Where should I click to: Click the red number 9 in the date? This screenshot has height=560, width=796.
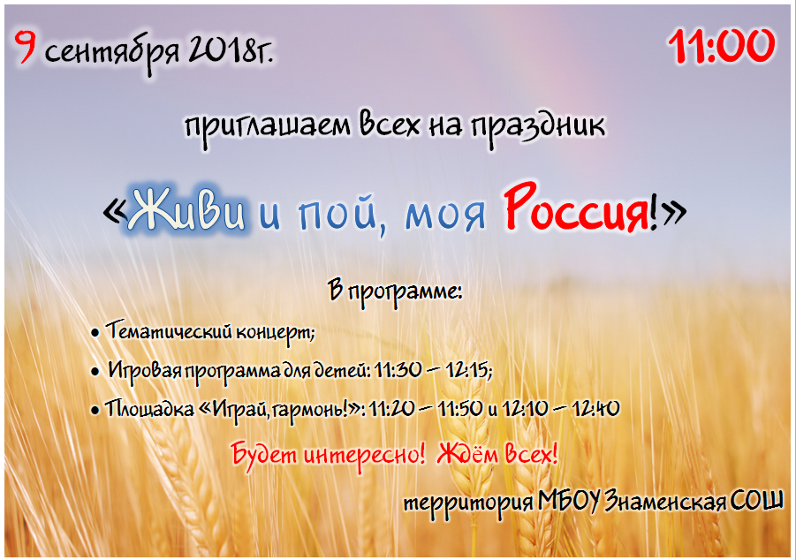click(25, 47)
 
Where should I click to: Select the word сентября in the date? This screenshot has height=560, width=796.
click(112, 52)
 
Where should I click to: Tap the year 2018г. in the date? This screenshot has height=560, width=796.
click(231, 49)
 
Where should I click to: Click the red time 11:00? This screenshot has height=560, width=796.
click(722, 46)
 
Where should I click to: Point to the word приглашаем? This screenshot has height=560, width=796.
click(268, 127)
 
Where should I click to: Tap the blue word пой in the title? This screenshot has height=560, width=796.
click(338, 214)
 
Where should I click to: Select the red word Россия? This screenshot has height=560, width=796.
click(577, 209)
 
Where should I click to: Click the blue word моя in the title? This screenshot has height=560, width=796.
click(444, 216)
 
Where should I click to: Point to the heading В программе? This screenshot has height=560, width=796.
click(395, 292)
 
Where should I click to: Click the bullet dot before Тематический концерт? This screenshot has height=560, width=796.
click(95, 334)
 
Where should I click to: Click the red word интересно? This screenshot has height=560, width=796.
click(363, 454)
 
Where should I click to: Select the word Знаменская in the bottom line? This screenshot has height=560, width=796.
click(664, 502)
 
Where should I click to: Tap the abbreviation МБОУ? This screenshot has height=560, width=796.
click(569, 501)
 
